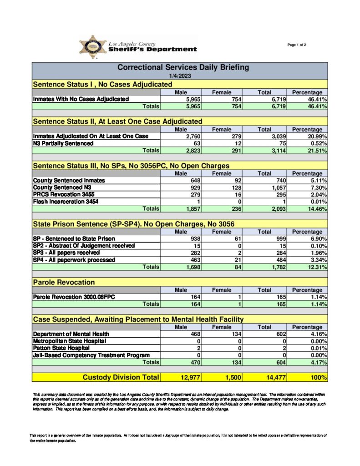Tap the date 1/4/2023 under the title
179,76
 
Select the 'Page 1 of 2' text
297,45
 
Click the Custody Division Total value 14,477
272,377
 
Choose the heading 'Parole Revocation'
64,283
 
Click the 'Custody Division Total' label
121,377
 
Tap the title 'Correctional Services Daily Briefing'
183,67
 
